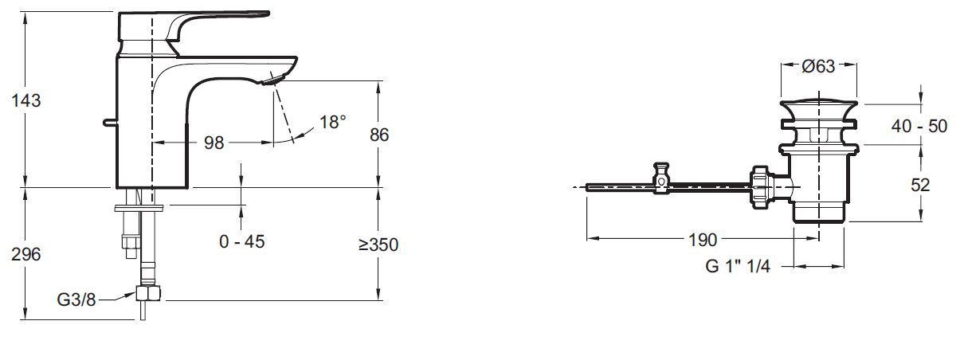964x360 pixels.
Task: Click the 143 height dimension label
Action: point(25,101)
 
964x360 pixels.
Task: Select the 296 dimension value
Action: point(25,254)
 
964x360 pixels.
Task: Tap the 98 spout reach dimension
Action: point(214,143)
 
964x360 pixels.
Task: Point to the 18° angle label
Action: point(333,123)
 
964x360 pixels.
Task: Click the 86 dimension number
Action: point(379,135)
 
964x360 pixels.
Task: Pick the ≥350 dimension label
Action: point(378,245)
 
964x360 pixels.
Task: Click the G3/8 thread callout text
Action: point(76,300)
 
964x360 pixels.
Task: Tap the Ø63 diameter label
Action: point(818,67)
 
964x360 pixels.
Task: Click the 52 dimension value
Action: point(921,184)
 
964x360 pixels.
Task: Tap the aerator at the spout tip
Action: point(275,79)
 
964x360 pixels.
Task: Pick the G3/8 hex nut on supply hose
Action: point(148,295)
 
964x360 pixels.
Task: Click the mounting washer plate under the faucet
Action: point(141,209)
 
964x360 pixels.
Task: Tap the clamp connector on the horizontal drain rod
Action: point(660,178)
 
